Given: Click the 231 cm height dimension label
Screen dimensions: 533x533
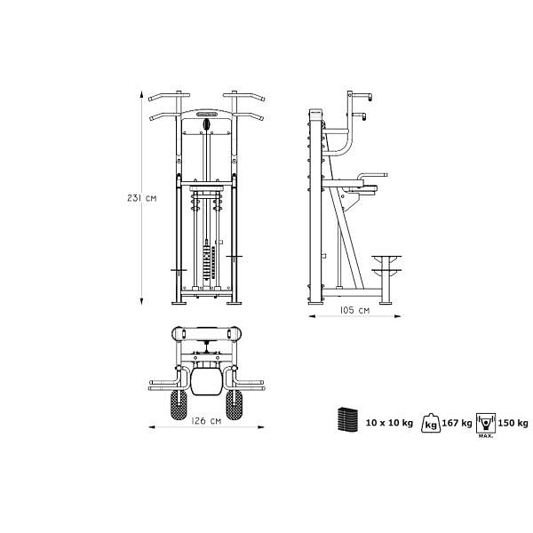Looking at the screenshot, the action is (142, 198).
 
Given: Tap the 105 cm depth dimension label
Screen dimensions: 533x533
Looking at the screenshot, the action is (354, 310).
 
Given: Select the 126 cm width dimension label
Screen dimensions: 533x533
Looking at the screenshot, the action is (206, 421).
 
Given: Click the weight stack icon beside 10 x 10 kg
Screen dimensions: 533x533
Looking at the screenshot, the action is (347, 419).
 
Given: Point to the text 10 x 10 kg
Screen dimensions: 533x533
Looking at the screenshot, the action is (389, 423).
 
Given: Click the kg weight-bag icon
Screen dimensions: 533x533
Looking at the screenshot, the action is (431, 423).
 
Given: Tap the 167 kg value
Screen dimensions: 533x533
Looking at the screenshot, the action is (457, 423).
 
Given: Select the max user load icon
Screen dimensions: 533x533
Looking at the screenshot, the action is (486, 425).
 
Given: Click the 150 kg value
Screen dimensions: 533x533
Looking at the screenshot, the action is (513, 423).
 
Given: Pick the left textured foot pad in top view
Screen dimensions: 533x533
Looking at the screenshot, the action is (179, 404).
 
